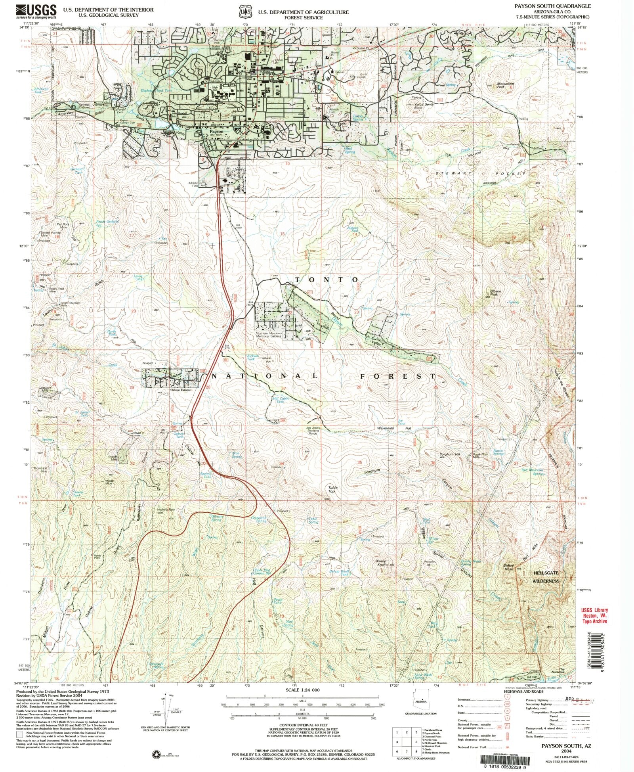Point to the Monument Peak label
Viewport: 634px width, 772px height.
(x=506, y=85)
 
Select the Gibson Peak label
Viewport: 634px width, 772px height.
(x=495, y=293)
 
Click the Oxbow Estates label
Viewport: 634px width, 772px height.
(x=180, y=390)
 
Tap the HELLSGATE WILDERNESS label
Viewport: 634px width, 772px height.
(x=546, y=577)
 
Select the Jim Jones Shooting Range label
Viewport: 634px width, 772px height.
(x=313, y=431)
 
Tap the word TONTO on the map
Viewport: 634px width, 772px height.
(x=327, y=280)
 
